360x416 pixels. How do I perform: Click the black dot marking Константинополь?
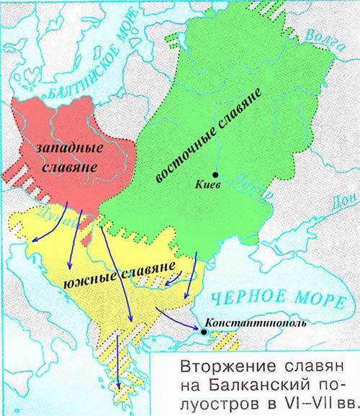point(204,333)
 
